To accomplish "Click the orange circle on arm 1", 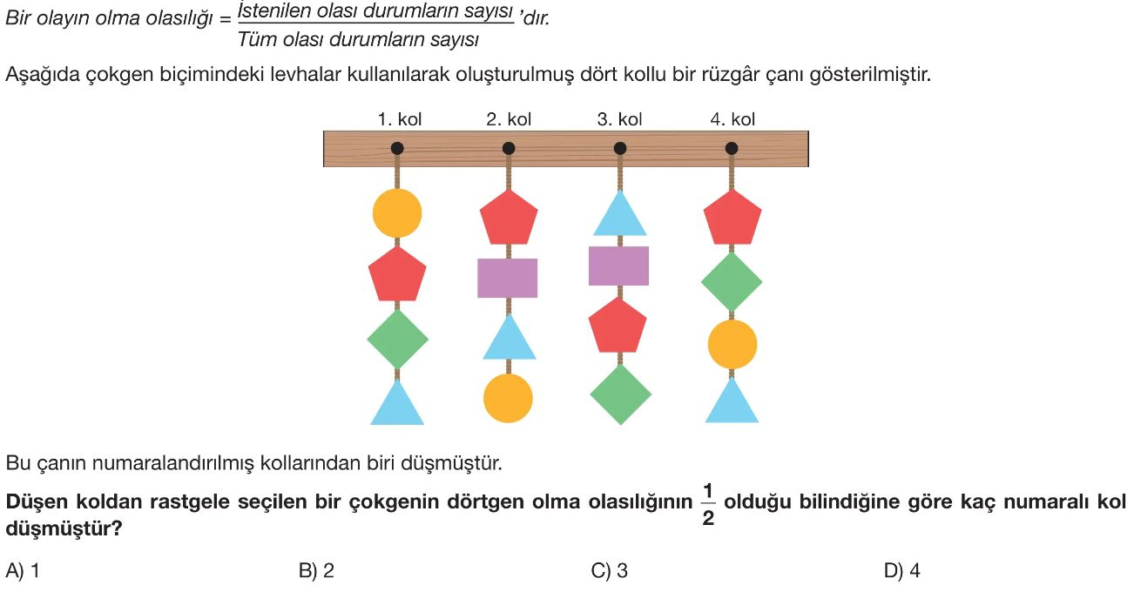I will (397, 213).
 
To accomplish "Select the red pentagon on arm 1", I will (397, 275).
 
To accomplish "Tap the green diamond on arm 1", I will (397, 339).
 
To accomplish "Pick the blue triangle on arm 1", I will (397, 406).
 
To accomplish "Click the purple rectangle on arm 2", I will (508, 278).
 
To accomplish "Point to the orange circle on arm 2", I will (508, 398).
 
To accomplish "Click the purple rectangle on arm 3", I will (619, 266).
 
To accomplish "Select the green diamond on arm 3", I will (620, 394).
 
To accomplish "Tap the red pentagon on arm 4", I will (732, 218).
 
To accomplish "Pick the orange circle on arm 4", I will (732, 344).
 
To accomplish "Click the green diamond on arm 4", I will (732, 281).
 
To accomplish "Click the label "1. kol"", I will (400, 119).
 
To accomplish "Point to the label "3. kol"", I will (619, 119).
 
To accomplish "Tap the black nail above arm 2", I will (509, 148).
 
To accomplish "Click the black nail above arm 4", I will (732, 148).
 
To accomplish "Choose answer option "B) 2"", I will (316, 571).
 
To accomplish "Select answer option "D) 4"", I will (901, 571).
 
